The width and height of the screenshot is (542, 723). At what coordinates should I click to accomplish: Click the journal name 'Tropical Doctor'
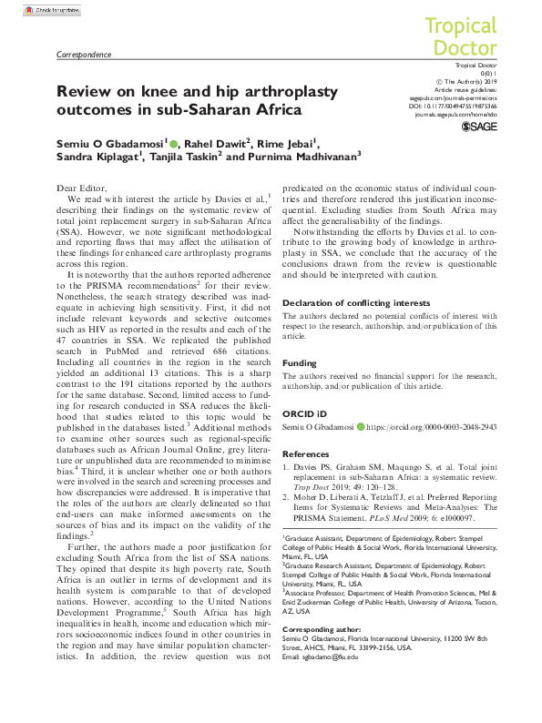coord(460,36)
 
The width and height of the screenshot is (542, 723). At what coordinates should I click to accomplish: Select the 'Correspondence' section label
coord(84,55)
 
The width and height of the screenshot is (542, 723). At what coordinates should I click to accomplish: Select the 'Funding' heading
coord(300,361)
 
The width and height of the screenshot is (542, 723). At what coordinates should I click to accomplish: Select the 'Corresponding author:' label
coord(319,628)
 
